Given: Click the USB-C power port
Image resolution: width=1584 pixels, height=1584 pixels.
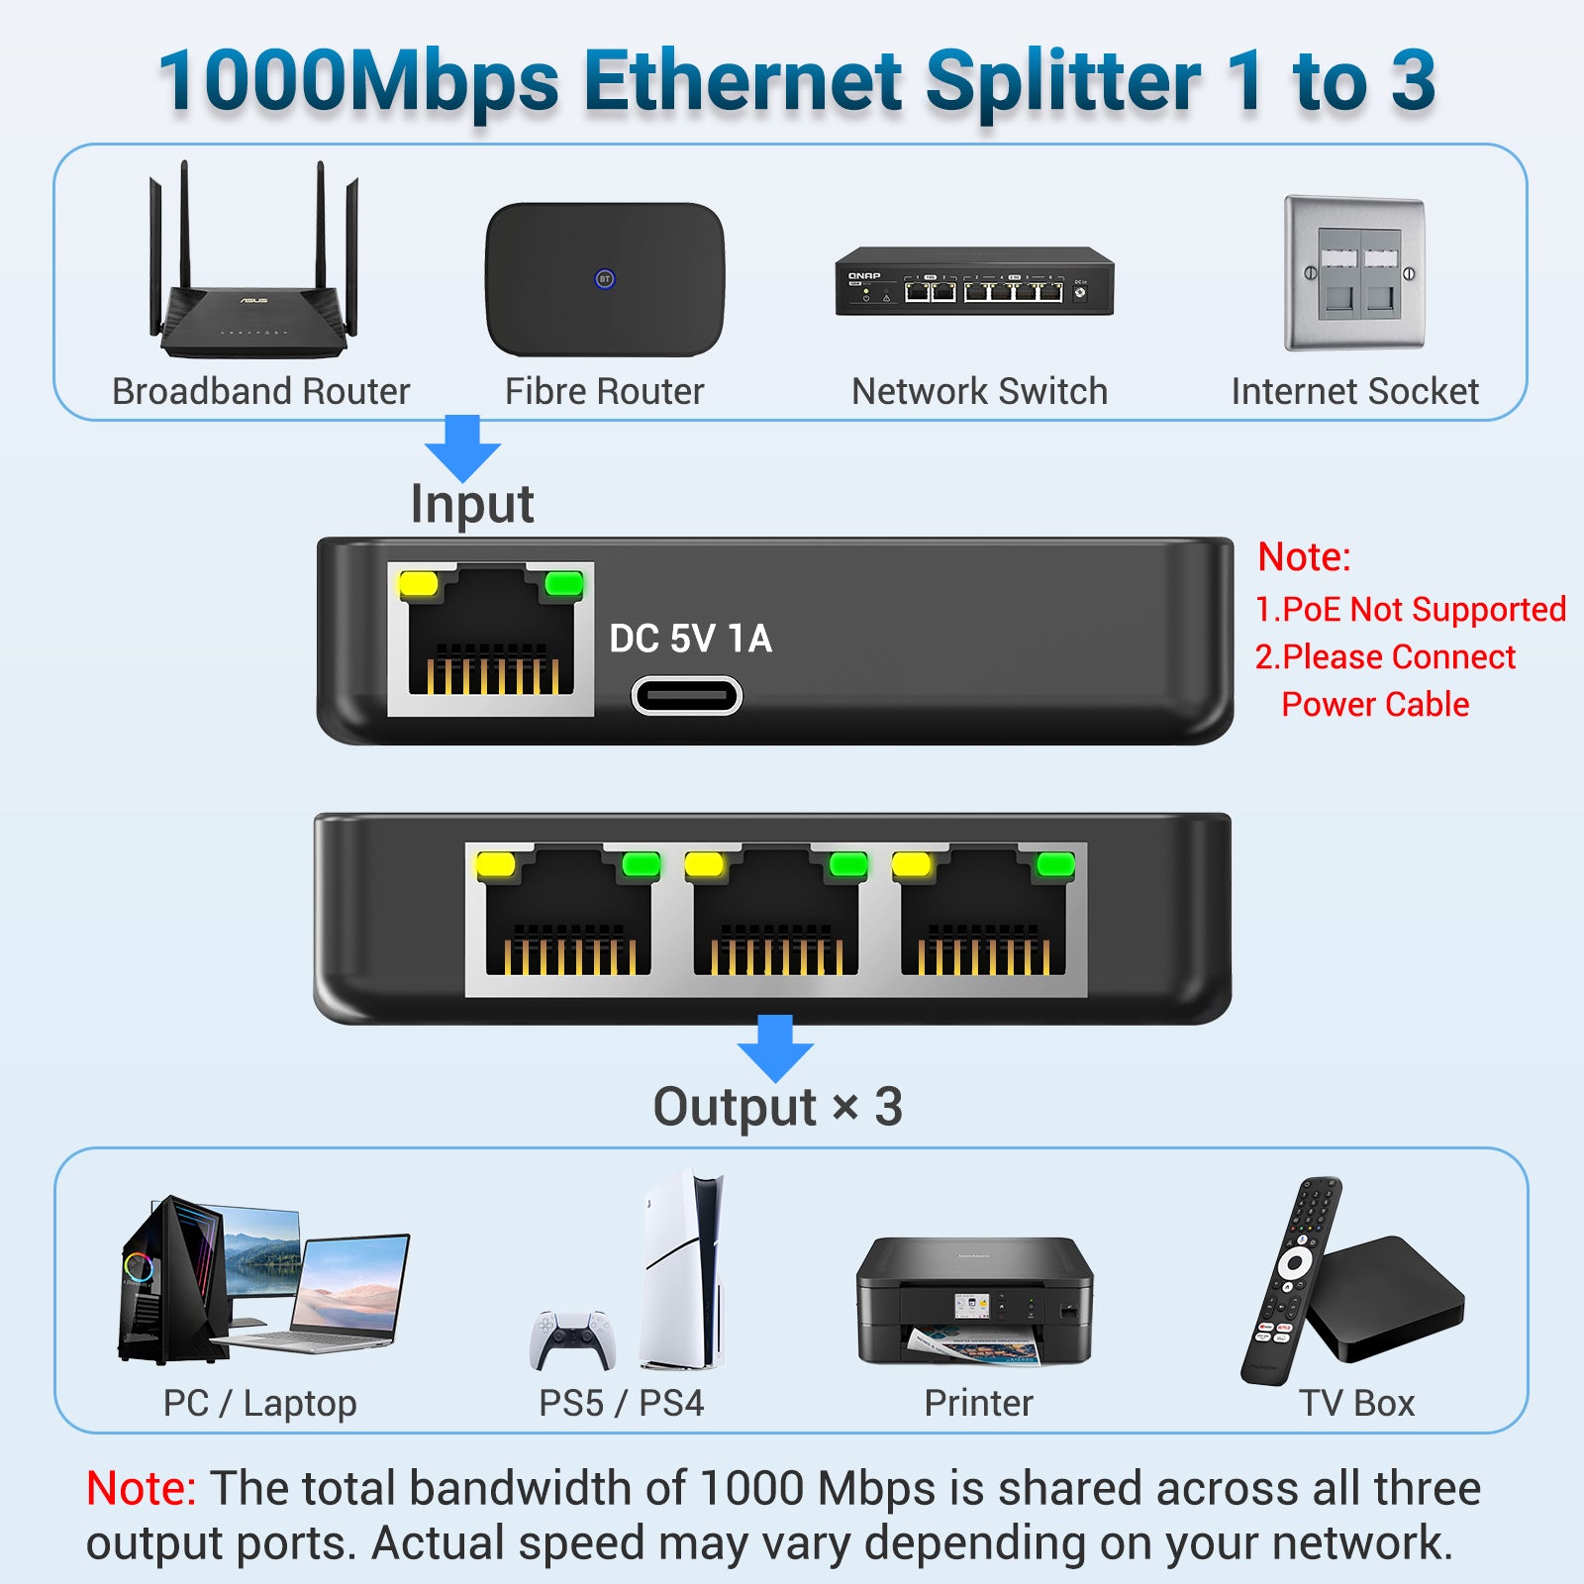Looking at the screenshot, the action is pos(687,696).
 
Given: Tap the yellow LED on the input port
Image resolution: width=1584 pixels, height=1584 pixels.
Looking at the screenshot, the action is pos(418,583).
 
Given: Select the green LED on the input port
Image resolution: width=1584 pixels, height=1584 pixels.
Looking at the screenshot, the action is pos(564,583).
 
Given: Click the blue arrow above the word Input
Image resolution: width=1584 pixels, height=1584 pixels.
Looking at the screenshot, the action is pos(462,448).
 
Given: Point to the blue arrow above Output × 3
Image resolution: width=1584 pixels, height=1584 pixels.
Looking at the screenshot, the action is pos(775,1048).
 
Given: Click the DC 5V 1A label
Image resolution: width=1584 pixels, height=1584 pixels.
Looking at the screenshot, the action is pos(690,639).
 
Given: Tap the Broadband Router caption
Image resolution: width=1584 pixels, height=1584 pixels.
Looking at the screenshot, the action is pos(260,391).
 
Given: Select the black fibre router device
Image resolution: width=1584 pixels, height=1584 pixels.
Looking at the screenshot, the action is pos(605,279).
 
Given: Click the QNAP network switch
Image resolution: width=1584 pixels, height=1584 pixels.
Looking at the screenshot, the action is pos(975,281).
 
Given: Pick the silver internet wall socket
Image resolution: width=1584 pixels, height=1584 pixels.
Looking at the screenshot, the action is pos(1354,273).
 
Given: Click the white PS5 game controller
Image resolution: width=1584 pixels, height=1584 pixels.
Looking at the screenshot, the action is pos(572,1339).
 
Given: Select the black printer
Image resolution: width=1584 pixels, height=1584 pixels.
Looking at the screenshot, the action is pos(975,1300).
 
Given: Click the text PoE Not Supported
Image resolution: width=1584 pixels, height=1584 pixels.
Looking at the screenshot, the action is pos(1411,609).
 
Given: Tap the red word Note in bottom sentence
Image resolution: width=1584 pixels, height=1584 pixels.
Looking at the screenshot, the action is pos(142,1488).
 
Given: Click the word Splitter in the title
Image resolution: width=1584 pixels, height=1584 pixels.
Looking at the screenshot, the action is pos(1063,82).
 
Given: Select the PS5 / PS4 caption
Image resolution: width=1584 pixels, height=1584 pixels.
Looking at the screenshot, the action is pos(621,1403).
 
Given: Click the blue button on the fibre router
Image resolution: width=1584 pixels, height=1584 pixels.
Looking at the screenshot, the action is pos(605,279).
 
